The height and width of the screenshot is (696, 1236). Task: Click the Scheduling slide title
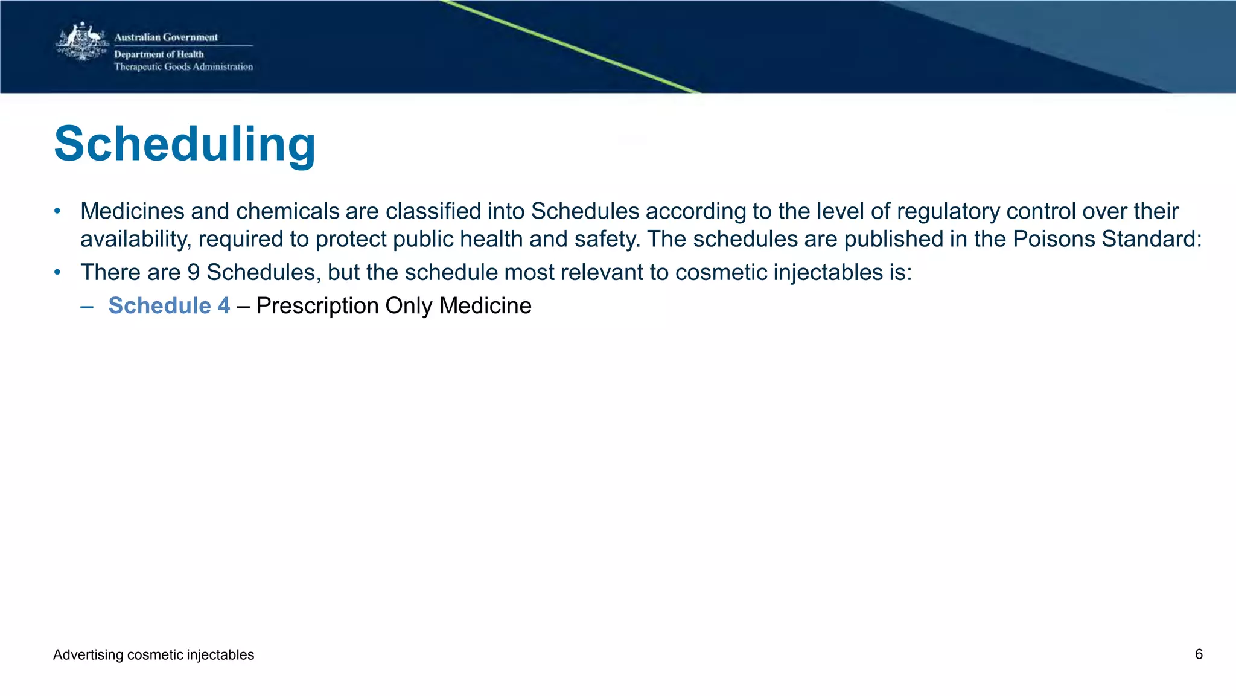point(185,145)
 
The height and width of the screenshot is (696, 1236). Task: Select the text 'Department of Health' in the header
point(159,54)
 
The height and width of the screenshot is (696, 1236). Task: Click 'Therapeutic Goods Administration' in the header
point(183,66)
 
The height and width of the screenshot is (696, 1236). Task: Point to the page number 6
point(1199,654)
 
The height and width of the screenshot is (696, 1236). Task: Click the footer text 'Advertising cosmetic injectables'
point(153,655)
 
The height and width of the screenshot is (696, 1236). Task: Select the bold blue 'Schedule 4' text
point(169,305)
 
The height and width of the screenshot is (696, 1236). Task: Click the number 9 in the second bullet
point(193,272)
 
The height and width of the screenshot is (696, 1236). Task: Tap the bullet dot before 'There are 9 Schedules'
point(57,272)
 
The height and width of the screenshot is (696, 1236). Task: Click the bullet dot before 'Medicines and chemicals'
point(57,211)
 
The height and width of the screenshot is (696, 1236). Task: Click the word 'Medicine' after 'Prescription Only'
point(485,306)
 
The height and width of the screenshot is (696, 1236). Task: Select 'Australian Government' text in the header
point(166,37)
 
